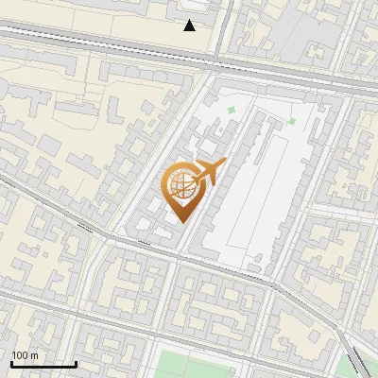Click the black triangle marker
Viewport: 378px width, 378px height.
click(190, 26)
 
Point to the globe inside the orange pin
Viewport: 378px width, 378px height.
click(182, 186)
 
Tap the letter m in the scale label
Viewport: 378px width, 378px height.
click(34, 355)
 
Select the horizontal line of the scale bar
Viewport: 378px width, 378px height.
click(43, 364)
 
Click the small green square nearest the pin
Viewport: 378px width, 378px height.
click(232, 111)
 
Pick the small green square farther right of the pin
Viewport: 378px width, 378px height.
click(292, 121)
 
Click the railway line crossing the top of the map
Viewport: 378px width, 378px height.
click(113, 47)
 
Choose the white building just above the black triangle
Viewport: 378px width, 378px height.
click(194, 8)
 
